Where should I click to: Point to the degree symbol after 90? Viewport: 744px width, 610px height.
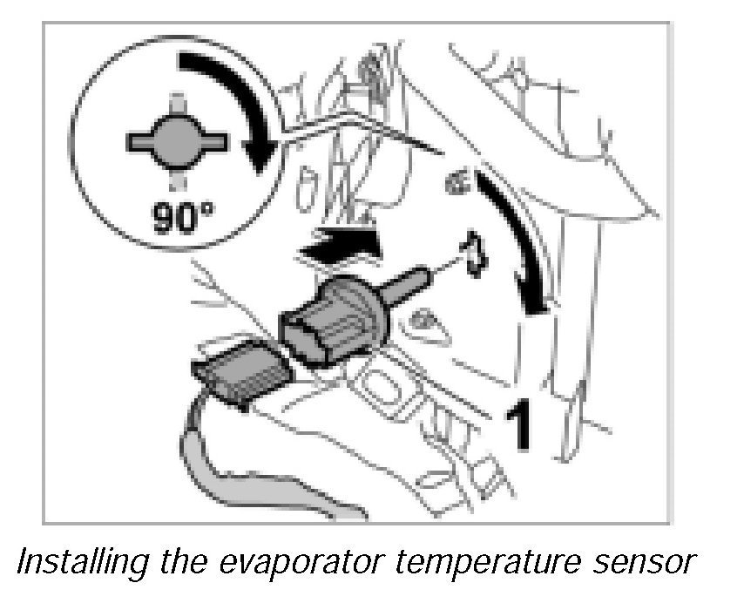[x=213, y=206]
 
